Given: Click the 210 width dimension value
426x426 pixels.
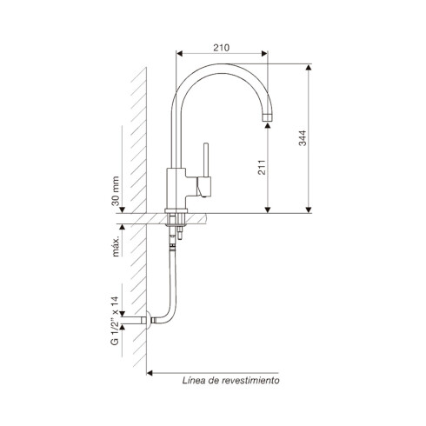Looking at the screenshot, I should tap(221, 49).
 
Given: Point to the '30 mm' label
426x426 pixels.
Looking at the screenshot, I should tap(115, 190).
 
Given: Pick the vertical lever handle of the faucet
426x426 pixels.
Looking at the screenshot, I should tap(206, 160).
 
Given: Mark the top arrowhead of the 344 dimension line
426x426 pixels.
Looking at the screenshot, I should tap(310, 68).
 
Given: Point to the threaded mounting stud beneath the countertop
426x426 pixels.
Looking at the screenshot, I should tap(183, 233).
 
